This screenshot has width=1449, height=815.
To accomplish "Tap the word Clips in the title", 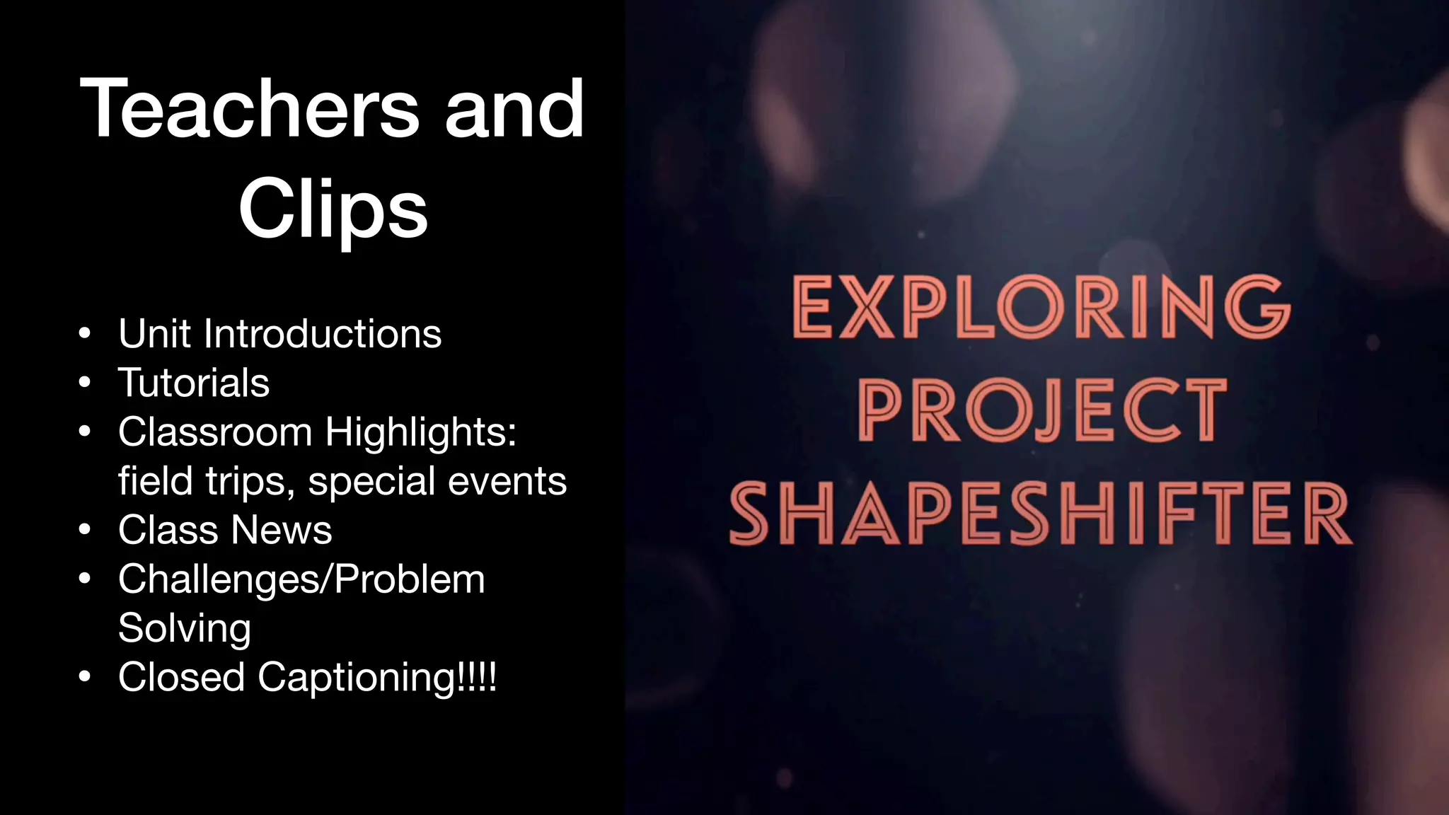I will coord(333,209).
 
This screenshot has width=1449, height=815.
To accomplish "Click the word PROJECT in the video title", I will coord(1041,410).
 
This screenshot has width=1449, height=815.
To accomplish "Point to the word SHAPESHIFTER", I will coord(1040,514).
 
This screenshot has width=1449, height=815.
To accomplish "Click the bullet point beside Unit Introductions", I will coord(85,333).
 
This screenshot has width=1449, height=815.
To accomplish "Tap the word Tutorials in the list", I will coord(194,383).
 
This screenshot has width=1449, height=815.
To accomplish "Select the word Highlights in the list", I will coord(421,432).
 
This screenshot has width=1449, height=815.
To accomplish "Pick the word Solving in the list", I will coord(185,628).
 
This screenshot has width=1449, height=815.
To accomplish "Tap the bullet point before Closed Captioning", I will coord(85,677).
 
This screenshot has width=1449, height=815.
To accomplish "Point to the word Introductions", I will coord(322,333).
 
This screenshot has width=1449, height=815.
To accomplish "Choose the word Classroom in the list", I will coord(215,432).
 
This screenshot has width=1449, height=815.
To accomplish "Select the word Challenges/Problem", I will coord(301,579).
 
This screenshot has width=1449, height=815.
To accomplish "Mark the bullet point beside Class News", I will coord(85,530).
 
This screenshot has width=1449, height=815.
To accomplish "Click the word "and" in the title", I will coord(514,110).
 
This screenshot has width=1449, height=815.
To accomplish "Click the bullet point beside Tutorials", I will coord(85,383).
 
